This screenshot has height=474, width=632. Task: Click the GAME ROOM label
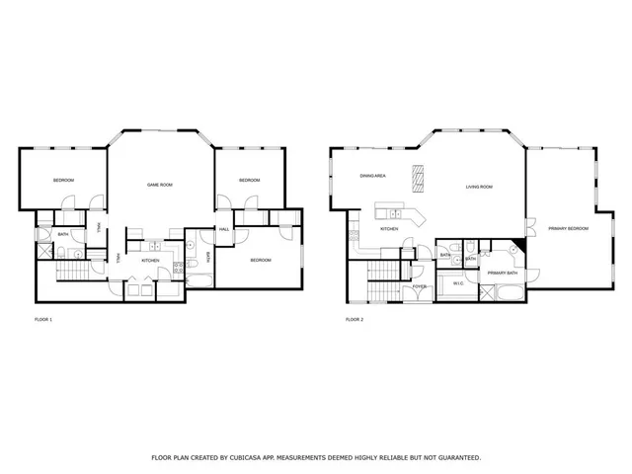click(160, 185)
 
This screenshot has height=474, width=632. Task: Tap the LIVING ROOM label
click(480, 186)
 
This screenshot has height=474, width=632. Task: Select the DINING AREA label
click(372, 176)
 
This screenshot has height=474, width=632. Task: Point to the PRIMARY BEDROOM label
click(568, 228)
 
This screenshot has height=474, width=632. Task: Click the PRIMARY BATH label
click(502, 273)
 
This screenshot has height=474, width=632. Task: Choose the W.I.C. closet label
click(458, 283)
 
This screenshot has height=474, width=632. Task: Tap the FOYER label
click(421, 287)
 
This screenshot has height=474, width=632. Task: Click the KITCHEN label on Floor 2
click(389, 229)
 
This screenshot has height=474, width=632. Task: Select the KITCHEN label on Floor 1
click(150, 261)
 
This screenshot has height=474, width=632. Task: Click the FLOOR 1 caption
click(43, 320)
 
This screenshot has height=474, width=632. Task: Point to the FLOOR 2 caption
click(355, 320)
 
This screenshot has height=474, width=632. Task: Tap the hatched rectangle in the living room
click(419, 177)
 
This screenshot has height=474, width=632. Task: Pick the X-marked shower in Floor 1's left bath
click(45, 251)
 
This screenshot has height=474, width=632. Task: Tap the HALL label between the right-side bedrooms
click(224, 229)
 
